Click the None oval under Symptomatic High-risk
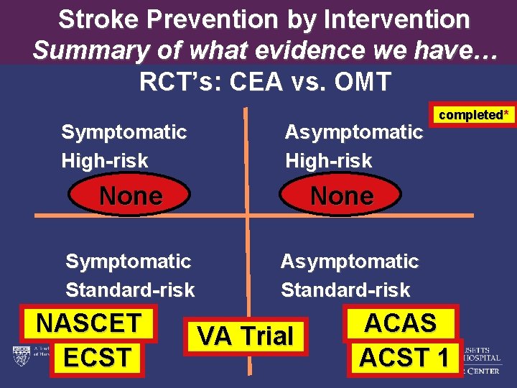coord(131,195)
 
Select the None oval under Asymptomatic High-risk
coord(342,195)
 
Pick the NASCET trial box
coord(89,323)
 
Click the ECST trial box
coord(98,357)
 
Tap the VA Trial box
coord(246,336)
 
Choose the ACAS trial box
coord(401,323)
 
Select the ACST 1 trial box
coord(405,357)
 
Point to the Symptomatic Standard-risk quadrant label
coord(130,275)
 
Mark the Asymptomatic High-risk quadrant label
coord(353,146)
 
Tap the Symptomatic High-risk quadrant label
coord(124,146)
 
